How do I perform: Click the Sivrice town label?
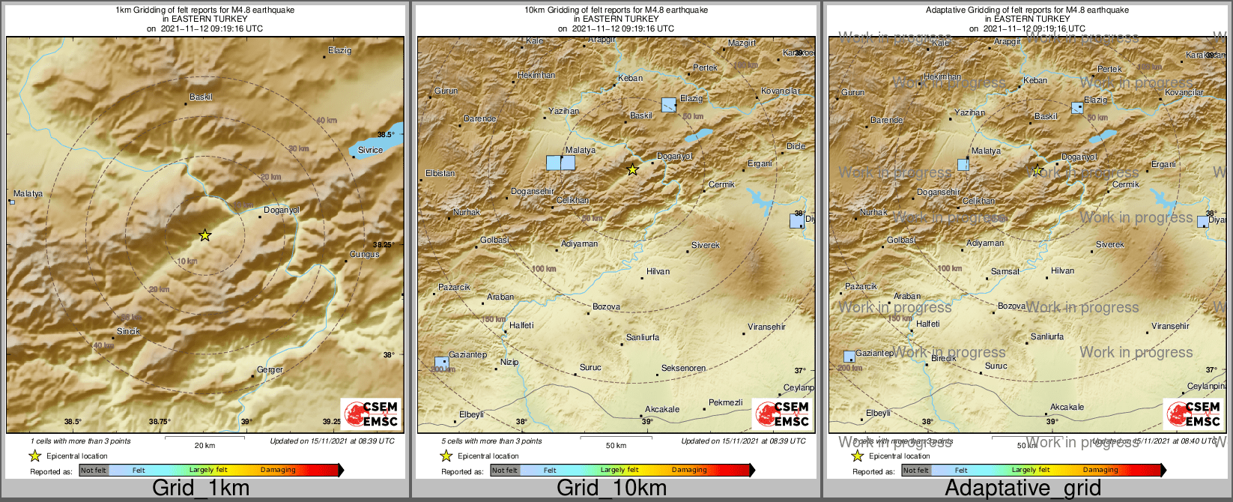click(x=370, y=150)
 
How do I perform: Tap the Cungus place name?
click(x=365, y=255)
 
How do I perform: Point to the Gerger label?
click(x=270, y=369)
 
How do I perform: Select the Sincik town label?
click(x=128, y=331)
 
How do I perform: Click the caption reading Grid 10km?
click(x=611, y=488)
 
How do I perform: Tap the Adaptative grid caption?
click(x=1023, y=488)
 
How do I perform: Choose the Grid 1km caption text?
click(x=201, y=488)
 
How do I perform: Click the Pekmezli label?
click(x=725, y=403)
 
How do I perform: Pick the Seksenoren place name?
click(x=683, y=369)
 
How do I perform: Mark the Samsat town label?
click(x=1005, y=272)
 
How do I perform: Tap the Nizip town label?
click(x=509, y=363)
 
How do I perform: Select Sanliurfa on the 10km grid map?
click(x=643, y=338)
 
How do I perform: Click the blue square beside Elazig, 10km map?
click(x=669, y=105)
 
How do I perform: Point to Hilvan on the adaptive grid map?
click(x=1062, y=271)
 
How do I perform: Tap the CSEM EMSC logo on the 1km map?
click(x=371, y=413)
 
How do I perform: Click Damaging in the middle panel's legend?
click(x=689, y=471)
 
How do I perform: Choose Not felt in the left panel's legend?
click(x=94, y=471)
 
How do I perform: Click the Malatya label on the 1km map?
click(x=28, y=194)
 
